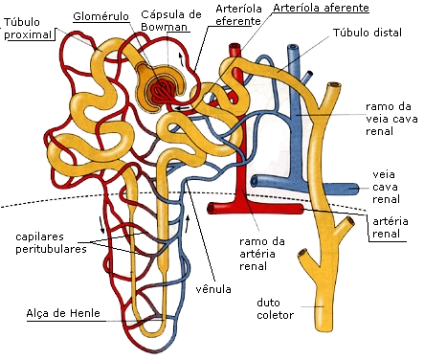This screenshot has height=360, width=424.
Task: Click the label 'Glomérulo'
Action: [95, 15]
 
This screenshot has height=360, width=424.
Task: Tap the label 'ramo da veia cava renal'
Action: [389, 120]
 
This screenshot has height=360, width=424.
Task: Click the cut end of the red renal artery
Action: [304, 208]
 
